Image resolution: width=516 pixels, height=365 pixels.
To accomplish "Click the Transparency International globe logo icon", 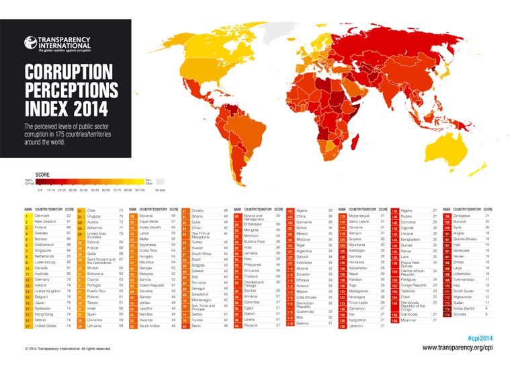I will click(30, 43).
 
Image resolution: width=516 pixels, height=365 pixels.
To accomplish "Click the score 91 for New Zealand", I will click(69, 221).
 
